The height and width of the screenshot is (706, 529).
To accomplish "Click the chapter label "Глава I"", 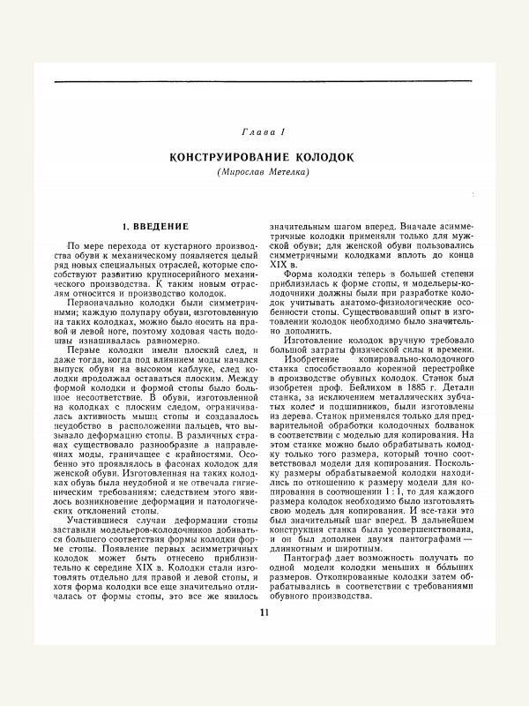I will coord(264,131).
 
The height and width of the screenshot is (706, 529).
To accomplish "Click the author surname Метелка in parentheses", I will coord(287,170).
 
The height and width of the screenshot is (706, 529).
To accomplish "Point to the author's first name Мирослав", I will coord(243,170).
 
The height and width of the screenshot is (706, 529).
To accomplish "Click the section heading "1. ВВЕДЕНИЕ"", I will coord(155,227).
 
